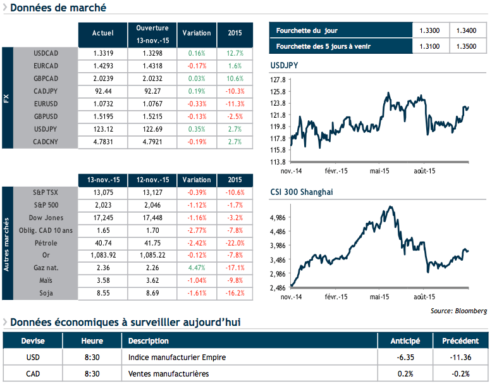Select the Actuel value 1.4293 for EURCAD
pyautogui.click(x=102, y=66)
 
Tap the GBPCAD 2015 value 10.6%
pyautogui.click(x=234, y=78)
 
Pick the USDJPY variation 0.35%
pyautogui.click(x=197, y=129)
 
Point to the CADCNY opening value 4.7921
pyautogui.click(x=152, y=142)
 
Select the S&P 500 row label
pyautogui.click(x=46, y=205)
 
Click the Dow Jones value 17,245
pyautogui.click(x=102, y=218)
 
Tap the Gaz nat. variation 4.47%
pyautogui.click(x=197, y=268)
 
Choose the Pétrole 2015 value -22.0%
pyautogui.click(x=234, y=243)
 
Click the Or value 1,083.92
pyautogui.click(x=102, y=256)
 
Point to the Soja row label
pyautogui.click(x=46, y=294)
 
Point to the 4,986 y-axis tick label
pyautogui.click(x=278, y=217)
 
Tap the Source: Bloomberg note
pyautogui.click(x=458, y=311)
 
